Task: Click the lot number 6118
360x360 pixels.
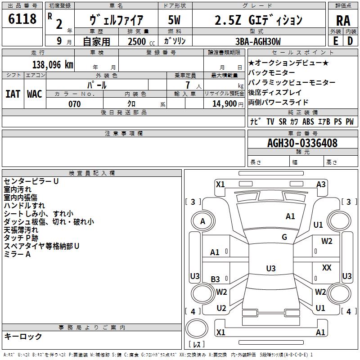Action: tap(22, 19)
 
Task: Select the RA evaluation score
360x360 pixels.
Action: tap(343, 20)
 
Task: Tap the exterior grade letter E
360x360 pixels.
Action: tap(335, 40)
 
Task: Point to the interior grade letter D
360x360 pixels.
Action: tap(350, 40)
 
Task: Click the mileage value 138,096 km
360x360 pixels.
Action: tap(53, 64)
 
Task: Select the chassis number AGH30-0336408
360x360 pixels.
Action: tap(302, 143)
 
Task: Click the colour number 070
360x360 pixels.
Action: tap(74, 104)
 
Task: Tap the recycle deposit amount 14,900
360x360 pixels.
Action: tap(227, 104)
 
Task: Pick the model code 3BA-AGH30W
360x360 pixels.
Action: tap(258, 41)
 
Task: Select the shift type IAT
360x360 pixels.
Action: tap(12, 94)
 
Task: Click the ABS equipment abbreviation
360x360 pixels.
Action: tap(308, 121)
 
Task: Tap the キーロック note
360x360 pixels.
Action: tap(23, 336)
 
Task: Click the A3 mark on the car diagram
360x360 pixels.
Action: tap(321, 184)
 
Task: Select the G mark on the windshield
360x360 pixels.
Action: tap(284, 237)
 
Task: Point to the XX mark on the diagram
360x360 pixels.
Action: tap(327, 268)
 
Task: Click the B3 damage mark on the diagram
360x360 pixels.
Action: tap(216, 279)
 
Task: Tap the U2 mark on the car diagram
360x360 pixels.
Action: tap(221, 308)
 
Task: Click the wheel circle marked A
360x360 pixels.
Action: tap(202, 221)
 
